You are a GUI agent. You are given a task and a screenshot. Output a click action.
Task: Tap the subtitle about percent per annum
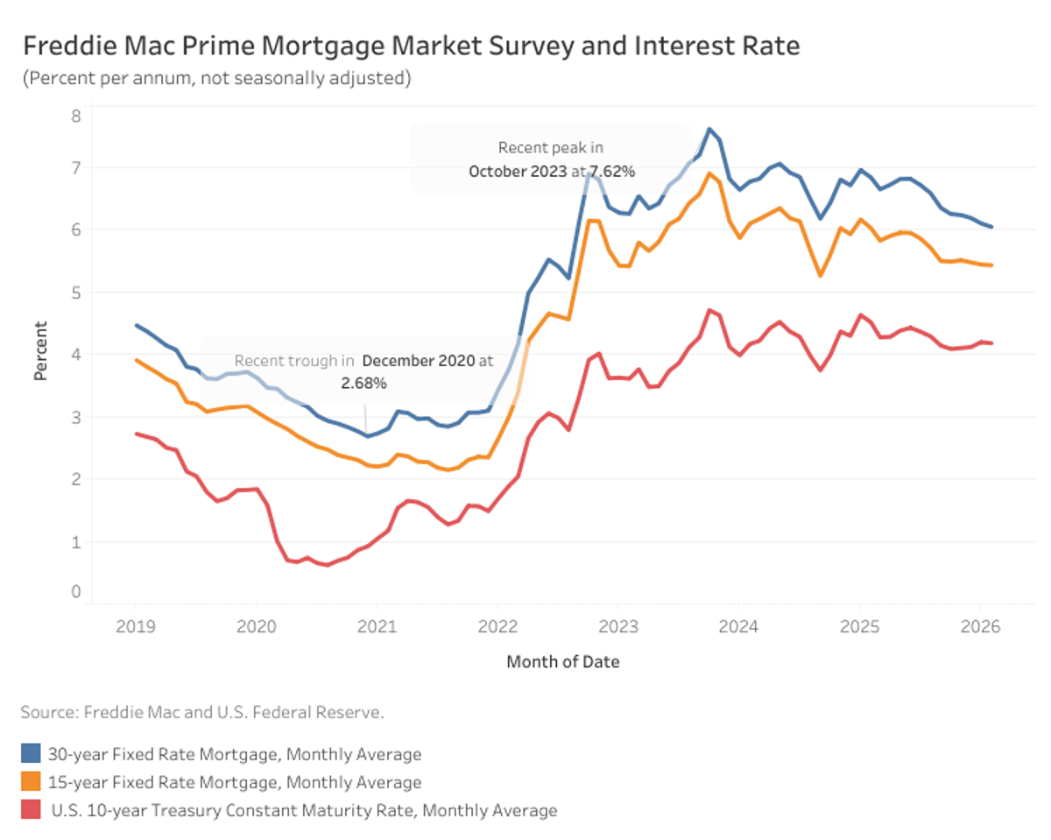[216, 78]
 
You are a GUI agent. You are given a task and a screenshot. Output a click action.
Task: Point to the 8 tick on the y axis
[75, 116]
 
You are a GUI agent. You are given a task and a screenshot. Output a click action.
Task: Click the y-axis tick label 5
[75, 293]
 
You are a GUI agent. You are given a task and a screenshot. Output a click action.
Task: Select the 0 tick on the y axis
[75, 592]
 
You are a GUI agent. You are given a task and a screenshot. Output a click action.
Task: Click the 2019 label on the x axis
[135, 627]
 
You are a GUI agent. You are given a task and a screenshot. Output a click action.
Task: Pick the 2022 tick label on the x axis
[497, 627]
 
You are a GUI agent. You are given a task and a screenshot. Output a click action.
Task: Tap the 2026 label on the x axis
[979, 627]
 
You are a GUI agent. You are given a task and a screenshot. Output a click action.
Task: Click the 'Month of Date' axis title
[562, 662]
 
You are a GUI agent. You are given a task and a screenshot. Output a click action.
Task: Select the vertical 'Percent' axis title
[40, 351]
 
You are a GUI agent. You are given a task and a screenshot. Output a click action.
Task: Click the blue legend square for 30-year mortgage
[31, 754]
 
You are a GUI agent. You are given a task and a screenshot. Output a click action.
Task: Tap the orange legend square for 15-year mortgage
[31, 782]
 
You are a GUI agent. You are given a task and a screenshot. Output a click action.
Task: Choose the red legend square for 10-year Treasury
[31, 810]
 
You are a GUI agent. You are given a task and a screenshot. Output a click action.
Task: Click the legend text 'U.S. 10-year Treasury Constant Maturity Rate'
[304, 810]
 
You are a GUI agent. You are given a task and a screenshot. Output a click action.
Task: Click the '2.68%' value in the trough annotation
[363, 384]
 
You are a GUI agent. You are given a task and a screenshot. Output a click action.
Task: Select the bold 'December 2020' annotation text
[419, 361]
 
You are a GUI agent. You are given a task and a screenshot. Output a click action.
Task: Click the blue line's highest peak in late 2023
[709, 129]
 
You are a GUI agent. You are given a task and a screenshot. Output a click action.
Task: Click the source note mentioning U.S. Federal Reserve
[202, 712]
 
